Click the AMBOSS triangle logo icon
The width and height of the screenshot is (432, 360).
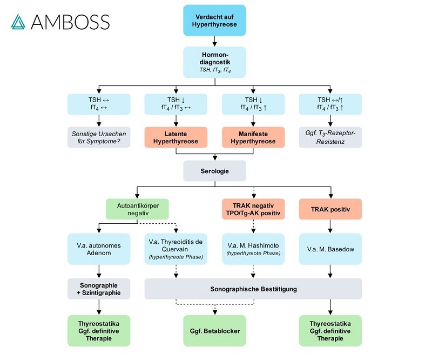click(x=18, y=22)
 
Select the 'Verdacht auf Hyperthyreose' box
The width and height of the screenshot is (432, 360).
click(x=215, y=20)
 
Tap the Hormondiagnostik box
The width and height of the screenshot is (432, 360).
click(x=215, y=62)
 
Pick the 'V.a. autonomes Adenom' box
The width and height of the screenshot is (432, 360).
click(x=99, y=249)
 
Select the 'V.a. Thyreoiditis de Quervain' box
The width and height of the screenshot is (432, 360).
click(x=176, y=249)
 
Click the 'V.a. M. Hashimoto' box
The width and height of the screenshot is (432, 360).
click(x=253, y=249)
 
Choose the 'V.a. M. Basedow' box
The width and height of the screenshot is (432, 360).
click(x=330, y=249)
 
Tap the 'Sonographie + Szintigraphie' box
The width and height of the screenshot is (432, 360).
click(x=99, y=289)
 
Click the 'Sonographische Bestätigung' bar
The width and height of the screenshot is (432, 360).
click(x=253, y=289)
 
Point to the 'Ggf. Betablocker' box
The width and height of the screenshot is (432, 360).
click(x=215, y=330)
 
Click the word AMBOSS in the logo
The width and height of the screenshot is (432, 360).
click(x=70, y=22)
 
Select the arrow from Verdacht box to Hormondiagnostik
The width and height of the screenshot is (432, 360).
click(x=215, y=41)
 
